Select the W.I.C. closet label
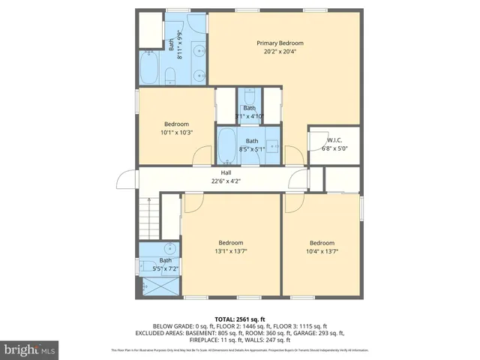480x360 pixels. (x=334, y=139)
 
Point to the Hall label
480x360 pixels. (x=226, y=172)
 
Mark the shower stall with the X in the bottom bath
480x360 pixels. (x=156, y=286)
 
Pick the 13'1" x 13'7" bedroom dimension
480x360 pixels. (x=231, y=252)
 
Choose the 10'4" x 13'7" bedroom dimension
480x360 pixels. (x=322, y=252)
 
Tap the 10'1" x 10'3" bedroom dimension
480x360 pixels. (x=177, y=133)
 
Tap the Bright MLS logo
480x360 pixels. (x=31, y=349)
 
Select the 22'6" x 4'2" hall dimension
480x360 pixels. (x=226, y=181)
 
